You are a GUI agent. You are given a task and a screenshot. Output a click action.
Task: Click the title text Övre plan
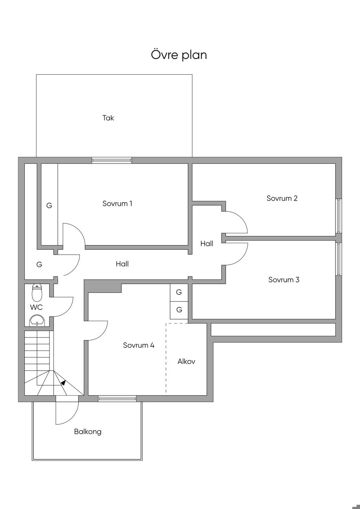179,55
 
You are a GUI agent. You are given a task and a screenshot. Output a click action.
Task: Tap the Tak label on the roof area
108,118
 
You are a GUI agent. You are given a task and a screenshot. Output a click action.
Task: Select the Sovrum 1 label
117,203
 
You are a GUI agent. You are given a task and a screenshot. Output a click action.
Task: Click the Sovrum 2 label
282,198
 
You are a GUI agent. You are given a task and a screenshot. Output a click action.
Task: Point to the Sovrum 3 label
283,280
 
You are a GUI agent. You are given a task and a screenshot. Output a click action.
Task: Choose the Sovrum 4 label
139,345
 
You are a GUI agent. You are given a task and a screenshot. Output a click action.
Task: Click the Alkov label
186,361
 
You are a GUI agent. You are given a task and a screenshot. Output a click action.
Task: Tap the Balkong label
88,431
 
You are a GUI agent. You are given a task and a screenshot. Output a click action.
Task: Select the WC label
36,307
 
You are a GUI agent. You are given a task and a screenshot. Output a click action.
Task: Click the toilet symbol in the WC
37,292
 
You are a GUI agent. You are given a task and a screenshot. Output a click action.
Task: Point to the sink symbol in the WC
37,320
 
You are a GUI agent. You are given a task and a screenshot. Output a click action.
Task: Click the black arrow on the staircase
63,383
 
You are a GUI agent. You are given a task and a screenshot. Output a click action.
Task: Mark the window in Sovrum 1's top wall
112,161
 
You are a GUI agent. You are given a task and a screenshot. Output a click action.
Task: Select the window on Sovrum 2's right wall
339,216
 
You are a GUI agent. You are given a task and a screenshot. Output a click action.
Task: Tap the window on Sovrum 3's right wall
339,259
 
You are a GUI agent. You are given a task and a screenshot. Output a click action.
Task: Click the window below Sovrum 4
117,398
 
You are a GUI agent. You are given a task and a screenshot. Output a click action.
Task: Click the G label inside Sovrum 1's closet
49,205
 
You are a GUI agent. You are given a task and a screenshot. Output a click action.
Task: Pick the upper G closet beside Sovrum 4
179,292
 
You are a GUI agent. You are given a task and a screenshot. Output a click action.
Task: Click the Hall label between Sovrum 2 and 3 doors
207,243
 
